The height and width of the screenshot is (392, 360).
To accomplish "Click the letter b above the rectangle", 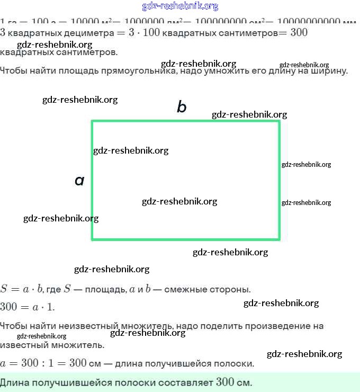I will pos(182,108).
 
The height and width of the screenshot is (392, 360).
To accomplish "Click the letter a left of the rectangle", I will pos(79,181).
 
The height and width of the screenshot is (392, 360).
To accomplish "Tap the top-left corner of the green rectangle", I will pos(93,122).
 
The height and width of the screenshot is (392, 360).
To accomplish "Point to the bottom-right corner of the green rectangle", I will pos(278,239).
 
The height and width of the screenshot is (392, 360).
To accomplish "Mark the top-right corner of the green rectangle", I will pos(278,122).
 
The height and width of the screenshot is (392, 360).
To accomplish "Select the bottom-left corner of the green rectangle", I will pos(93,239).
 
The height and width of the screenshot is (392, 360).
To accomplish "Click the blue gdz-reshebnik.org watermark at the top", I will pos(180,6).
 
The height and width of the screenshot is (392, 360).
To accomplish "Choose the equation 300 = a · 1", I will pos(27,307).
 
